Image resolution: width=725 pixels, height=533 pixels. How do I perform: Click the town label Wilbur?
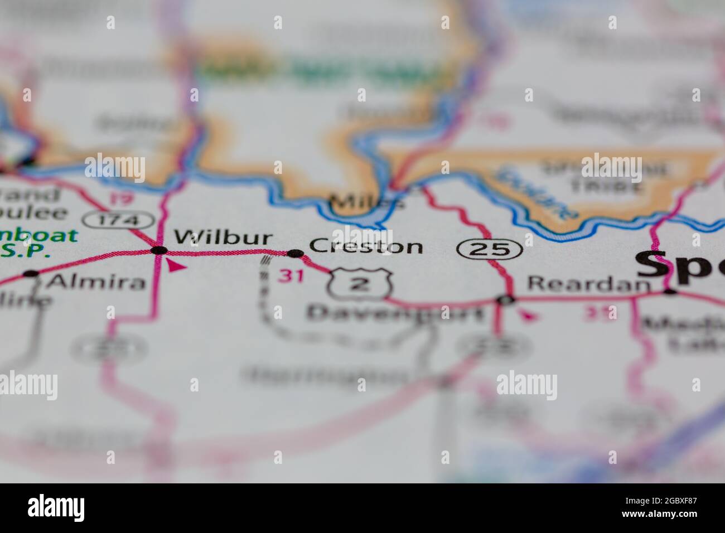coord(223,239)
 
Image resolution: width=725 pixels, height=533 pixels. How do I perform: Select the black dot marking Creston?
coord(294,254)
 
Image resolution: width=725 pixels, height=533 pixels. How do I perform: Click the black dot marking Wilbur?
coord(159,250)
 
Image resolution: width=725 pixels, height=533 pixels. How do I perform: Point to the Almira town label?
coord(95,282)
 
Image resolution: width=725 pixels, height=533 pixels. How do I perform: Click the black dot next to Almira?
coord(31,274)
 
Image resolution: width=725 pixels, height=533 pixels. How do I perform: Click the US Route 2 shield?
coord(360,284)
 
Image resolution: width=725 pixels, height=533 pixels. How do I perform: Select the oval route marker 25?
coord(490,249)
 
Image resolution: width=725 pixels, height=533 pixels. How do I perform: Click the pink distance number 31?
coord(292,275)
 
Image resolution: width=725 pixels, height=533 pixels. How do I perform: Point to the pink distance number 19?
coord(120,198)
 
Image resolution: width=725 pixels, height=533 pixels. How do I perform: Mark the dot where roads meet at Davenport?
coord(507,300)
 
